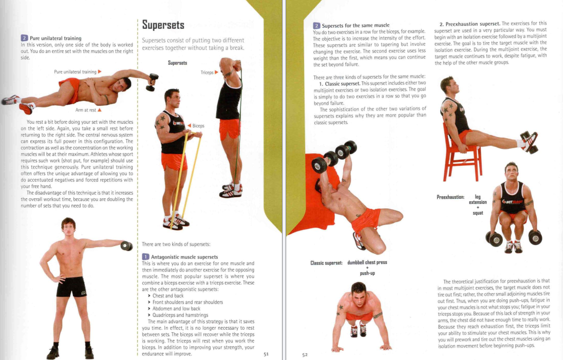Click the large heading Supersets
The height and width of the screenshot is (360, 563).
click(163, 25)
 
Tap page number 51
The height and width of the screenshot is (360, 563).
click(266, 354)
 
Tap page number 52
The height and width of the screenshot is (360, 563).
click(305, 355)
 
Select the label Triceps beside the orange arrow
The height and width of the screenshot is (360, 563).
click(207, 72)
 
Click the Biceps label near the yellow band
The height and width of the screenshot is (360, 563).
click(198, 126)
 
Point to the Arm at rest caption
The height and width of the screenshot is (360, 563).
click(86, 110)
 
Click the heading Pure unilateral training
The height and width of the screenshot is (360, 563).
click(55, 39)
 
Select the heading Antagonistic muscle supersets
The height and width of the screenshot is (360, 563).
click(184, 257)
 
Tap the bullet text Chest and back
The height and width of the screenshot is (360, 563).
click(168, 296)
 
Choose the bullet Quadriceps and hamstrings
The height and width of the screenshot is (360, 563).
click(180, 315)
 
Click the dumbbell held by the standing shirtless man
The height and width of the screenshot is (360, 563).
click(127, 246)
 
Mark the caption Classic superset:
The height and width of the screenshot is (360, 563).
click(326, 263)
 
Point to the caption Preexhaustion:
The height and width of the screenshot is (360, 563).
click(451, 197)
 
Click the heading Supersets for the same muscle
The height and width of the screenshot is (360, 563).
click(355, 26)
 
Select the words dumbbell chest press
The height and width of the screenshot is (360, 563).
click(367, 262)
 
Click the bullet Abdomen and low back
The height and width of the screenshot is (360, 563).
click(176, 309)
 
